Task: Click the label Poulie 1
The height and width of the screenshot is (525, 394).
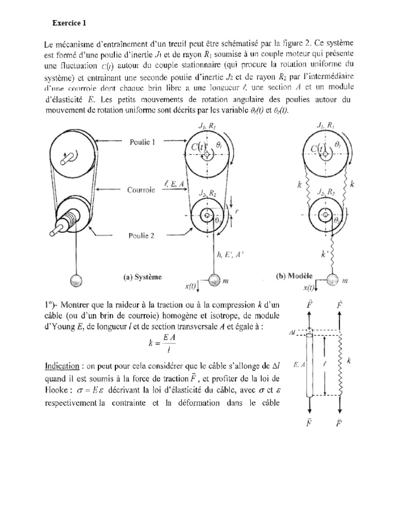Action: coord(140,143)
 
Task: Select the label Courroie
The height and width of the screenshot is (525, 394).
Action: coord(141,189)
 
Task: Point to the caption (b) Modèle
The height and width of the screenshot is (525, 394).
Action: coord(294,276)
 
